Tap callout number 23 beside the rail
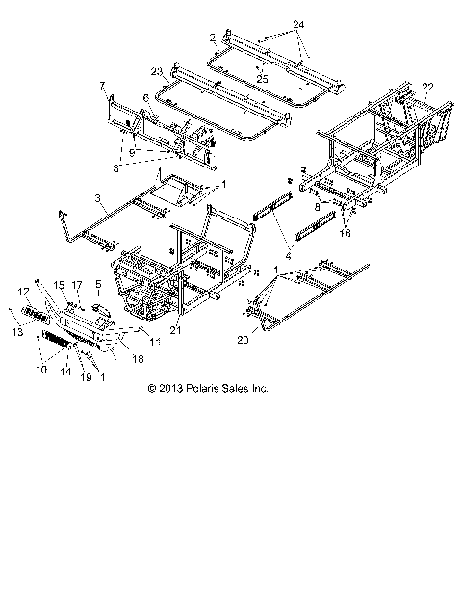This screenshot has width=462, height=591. coord(156,70)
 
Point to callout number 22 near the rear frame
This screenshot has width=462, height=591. coord(427,87)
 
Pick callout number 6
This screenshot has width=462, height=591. coord(145,97)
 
